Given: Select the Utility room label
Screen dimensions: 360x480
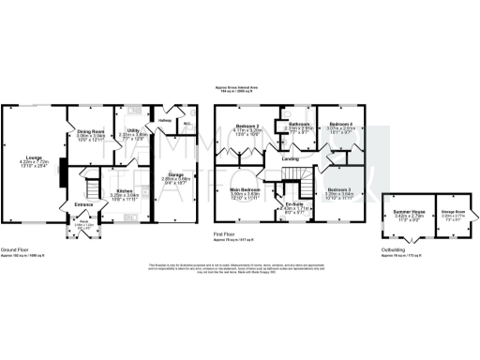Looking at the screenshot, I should tap(134, 130).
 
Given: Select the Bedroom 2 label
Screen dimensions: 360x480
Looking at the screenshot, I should tap(246, 126).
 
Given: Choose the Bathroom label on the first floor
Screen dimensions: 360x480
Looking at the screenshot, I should tap(300, 124).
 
